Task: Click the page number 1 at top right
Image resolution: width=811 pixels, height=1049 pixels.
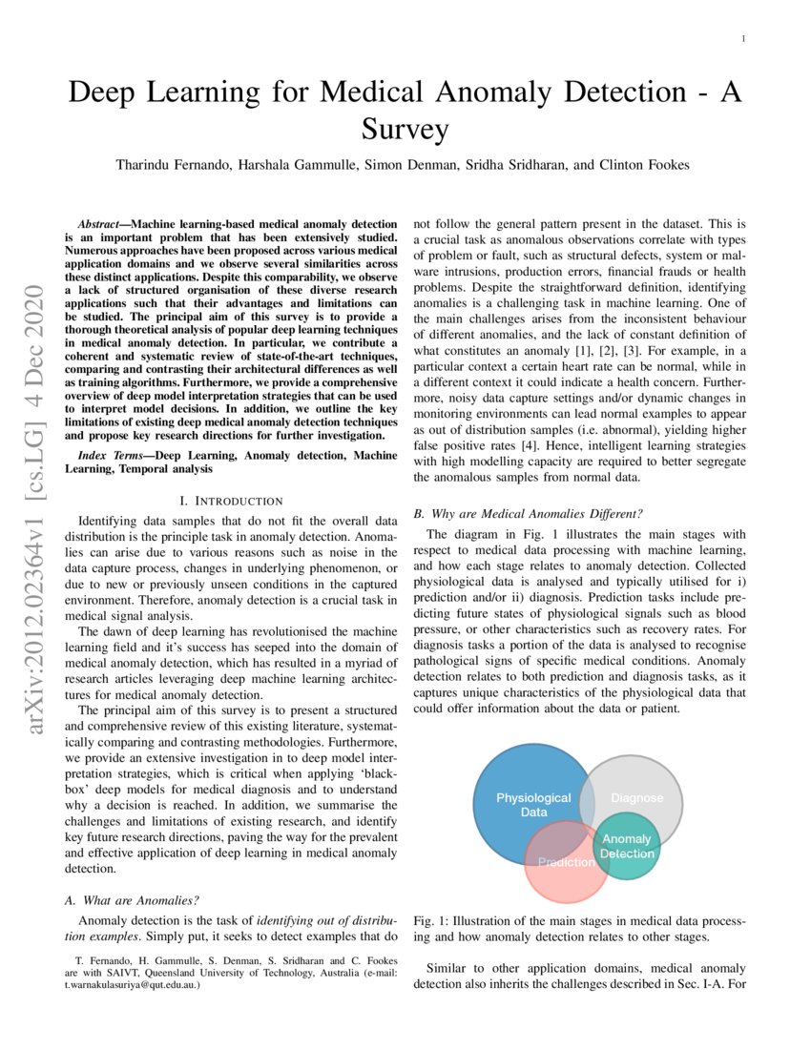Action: tap(742, 39)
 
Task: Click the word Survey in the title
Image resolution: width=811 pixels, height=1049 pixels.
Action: tap(405, 129)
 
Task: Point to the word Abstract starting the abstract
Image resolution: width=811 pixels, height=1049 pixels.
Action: tap(106, 222)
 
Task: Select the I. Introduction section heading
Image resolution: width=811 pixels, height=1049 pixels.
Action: tap(231, 501)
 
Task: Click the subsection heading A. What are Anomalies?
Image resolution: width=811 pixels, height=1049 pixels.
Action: tap(132, 899)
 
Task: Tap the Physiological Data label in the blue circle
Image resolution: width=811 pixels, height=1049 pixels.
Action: tap(533, 804)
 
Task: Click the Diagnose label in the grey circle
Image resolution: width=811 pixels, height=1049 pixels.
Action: tap(636, 797)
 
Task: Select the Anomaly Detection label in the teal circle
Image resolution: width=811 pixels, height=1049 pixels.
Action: tap(627, 846)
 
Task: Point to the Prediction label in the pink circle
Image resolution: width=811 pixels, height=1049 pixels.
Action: tap(566, 862)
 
